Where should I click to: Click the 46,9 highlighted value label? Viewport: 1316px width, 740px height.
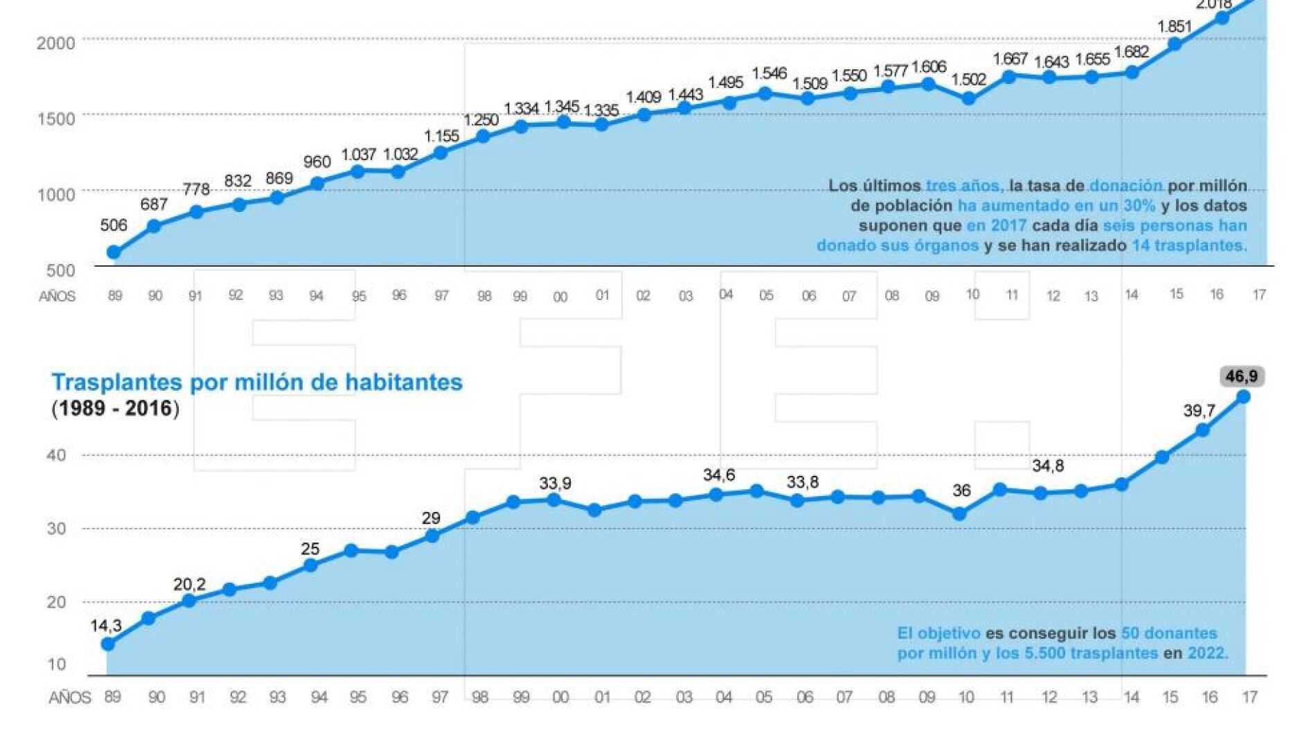click(1241, 376)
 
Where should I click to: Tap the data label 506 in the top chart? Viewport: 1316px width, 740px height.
click(114, 225)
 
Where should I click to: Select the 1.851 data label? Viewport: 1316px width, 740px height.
click(1174, 27)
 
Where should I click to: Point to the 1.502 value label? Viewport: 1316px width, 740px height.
click(968, 80)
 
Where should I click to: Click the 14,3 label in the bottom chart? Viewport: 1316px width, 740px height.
click(105, 626)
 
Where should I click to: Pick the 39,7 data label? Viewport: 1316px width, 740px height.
click(1198, 411)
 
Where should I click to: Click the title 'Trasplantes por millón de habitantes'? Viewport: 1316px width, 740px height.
click(257, 382)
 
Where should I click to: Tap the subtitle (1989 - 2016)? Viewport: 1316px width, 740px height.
click(115, 408)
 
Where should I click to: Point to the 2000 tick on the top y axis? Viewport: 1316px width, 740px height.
click(55, 43)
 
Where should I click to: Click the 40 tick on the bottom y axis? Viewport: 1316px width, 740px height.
click(56, 455)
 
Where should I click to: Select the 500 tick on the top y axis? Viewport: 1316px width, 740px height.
click(60, 270)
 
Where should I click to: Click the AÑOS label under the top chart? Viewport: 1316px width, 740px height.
click(57, 297)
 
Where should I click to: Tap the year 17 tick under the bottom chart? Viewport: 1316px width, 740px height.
click(1249, 697)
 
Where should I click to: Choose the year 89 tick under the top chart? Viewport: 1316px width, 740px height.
click(115, 296)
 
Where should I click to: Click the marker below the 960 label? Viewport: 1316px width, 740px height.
click(317, 184)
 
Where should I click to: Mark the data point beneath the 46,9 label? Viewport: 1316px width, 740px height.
click(1243, 397)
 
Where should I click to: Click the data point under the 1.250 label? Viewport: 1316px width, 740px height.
click(483, 136)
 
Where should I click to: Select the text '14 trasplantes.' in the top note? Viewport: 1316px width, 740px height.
click(1189, 245)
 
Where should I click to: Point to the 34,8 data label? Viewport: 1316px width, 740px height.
click(1047, 466)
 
